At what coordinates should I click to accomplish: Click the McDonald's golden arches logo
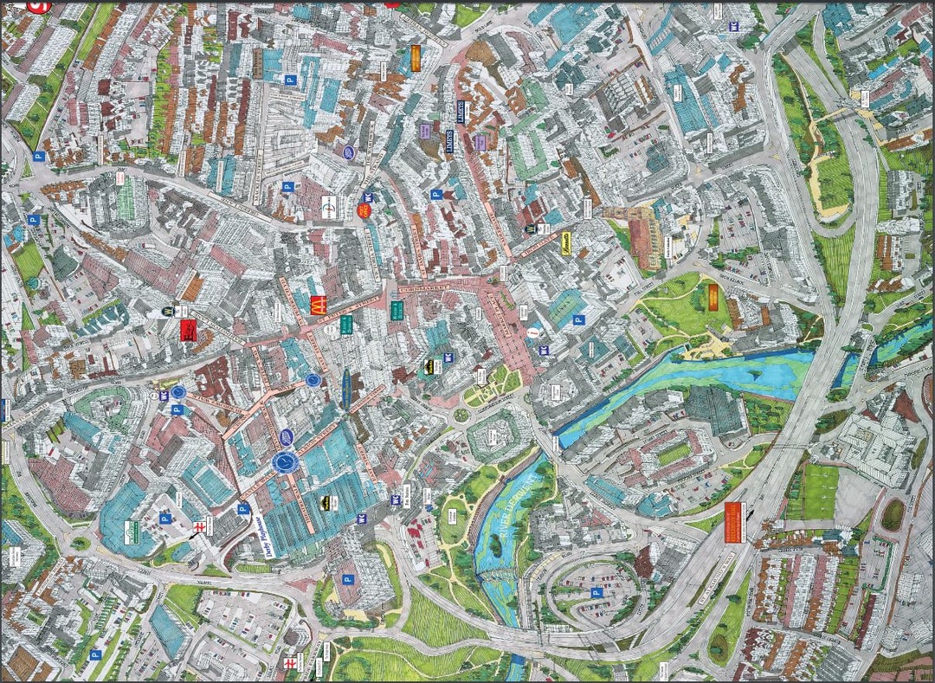318,305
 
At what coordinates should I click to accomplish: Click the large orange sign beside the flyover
732,522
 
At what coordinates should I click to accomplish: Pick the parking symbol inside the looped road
596,593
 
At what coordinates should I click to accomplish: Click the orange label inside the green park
713,298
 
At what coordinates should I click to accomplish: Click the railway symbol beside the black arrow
198,526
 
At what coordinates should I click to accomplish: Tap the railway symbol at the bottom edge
290,661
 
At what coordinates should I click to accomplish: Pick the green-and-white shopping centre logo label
132,530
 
